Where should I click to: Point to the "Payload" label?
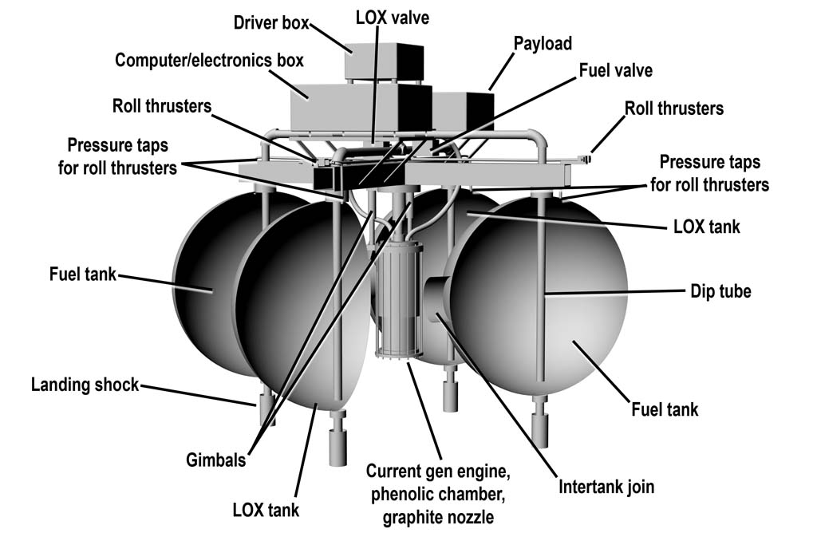pos(543,42)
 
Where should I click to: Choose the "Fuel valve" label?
pos(615,70)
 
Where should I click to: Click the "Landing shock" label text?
pos(85,385)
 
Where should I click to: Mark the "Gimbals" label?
pos(218,460)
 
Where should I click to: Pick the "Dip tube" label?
pos(720,291)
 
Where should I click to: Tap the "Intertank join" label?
pos(606,486)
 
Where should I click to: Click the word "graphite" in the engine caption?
pos(416,517)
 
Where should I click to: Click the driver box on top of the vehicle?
pos(382,60)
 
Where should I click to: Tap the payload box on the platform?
pos(463,110)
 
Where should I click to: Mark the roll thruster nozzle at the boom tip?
pos(586,160)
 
